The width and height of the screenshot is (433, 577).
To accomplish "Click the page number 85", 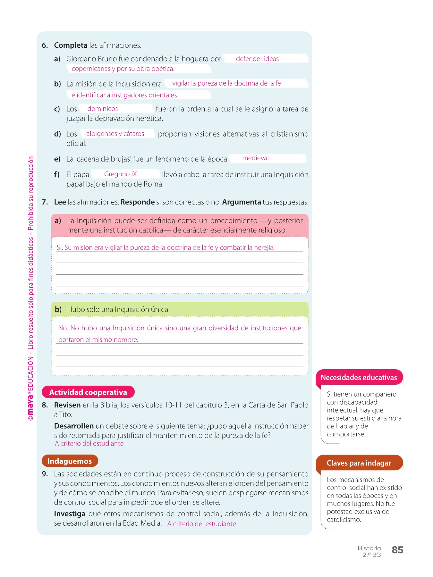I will [x=397, y=550].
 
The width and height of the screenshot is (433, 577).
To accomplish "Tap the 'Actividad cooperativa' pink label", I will [x=88, y=392].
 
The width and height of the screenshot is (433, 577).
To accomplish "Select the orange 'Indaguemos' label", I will [x=70, y=461].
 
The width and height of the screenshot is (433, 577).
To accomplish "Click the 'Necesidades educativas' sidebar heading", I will [x=359, y=377].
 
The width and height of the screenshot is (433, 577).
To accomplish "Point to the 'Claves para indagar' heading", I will [x=359, y=463].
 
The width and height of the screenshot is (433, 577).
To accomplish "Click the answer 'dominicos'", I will [x=103, y=109].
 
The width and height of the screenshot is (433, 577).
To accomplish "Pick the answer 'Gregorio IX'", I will [x=120, y=174].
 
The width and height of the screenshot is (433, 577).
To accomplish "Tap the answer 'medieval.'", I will [x=256, y=158].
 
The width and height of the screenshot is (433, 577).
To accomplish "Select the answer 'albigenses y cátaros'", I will [x=115, y=134].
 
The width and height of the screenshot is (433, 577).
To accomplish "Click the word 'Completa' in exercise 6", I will [x=71, y=45].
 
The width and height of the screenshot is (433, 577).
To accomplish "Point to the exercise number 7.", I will [x=45, y=202].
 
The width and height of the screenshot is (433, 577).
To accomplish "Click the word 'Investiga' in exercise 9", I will [x=70, y=514].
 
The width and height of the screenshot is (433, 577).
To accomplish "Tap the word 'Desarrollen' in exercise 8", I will [x=74, y=426].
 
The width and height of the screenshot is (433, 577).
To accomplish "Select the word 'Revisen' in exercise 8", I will [x=67, y=405].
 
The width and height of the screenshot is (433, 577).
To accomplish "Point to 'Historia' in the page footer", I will [x=369, y=548].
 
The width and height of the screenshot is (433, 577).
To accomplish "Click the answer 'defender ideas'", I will [x=257, y=59].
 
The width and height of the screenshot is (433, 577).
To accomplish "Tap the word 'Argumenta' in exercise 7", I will [x=242, y=202].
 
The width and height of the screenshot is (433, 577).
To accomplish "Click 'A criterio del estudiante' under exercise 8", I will [x=89, y=443].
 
